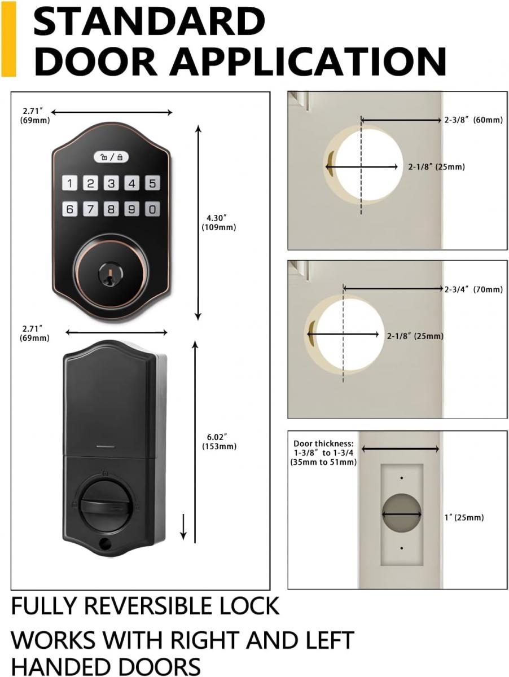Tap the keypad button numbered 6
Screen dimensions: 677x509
pos(70,209)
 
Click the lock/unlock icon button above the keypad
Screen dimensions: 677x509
pos(111,157)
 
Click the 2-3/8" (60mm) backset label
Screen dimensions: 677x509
pos(473,120)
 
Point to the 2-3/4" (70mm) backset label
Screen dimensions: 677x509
pos(473,289)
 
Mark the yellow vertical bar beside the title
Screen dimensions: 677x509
pos(9,38)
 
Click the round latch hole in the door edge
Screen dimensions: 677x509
pos(401,514)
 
